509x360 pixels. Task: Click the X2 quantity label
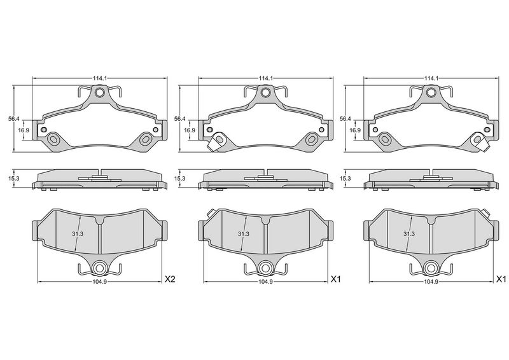coord(170,279)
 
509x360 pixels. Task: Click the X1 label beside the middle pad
coord(335,279)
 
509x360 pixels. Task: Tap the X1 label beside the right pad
coord(501,279)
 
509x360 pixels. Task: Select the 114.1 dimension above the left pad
coord(100,79)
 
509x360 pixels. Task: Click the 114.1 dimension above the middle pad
coord(265,79)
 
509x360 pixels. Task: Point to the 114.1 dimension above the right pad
coord(431,79)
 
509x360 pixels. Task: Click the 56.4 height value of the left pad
coord(14,119)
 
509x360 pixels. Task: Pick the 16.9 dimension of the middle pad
coord(190,130)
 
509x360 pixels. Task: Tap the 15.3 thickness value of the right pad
coord(345,179)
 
